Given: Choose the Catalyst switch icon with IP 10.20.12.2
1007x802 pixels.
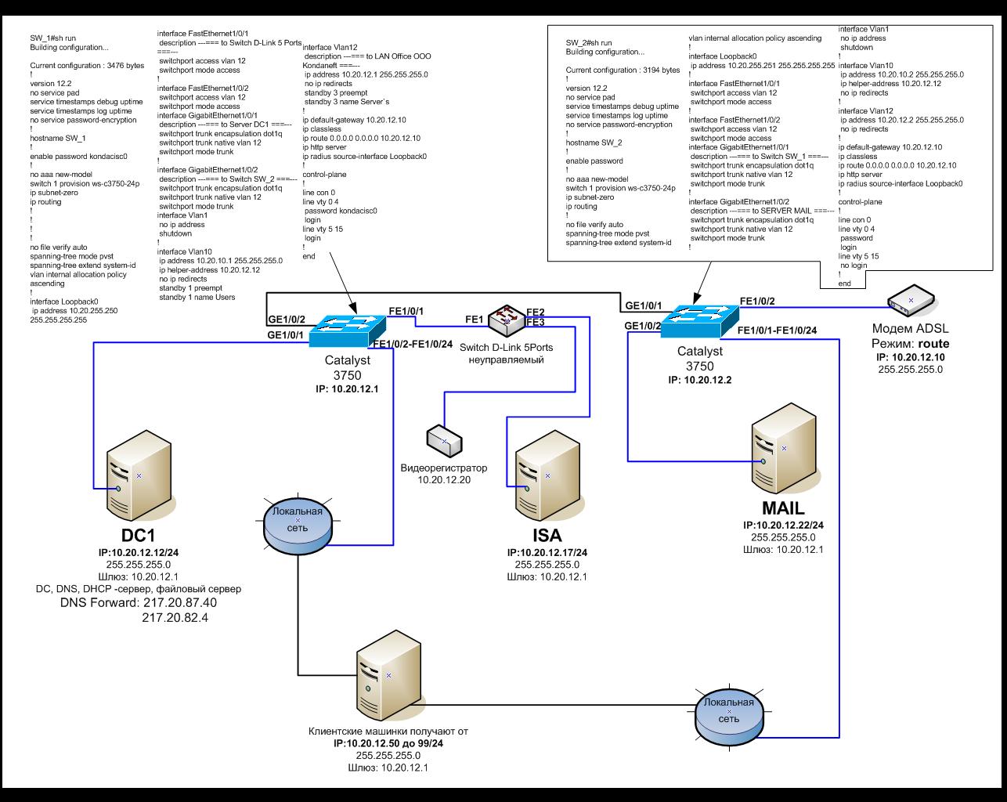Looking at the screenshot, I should pos(699,319).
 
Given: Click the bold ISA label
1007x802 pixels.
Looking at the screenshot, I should pos(547,537).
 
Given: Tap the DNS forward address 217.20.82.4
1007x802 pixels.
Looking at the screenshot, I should pos(179,618).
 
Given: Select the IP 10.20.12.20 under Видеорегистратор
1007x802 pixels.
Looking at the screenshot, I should pos(443,480).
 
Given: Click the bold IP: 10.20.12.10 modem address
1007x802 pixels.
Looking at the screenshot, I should pos(910,356).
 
